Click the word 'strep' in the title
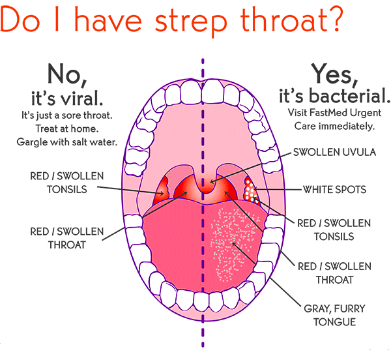(x=191, y=22)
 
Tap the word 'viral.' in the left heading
(x=82, y=98)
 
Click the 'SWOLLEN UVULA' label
(x=334, y=152)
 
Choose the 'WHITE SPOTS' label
(x=334, y=190)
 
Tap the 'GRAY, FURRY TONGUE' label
(x=334, y=316)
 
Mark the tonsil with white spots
(x=251, y=190)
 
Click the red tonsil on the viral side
(x=162, y=191)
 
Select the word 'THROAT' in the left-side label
(x=67, y=245)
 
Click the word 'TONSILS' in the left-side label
(x=67, y=190)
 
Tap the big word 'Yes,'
(x=334, y=74)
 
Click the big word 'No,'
(x=67, y=75)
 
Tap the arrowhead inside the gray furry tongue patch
(x=234, y=244)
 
